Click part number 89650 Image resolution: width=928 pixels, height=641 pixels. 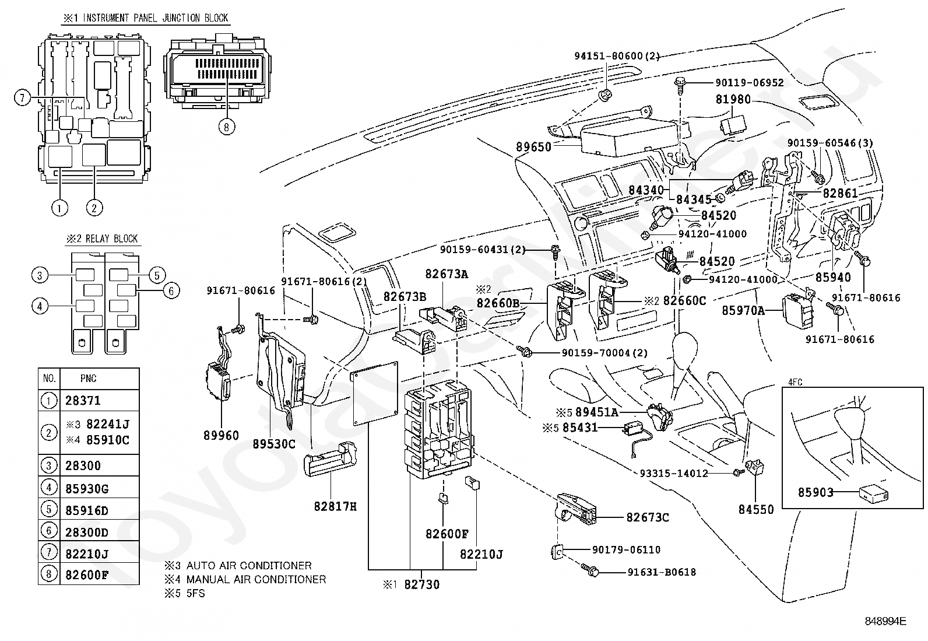point(533,147)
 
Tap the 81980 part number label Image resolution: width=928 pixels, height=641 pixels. point(733,100)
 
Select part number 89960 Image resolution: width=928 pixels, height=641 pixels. point(221,435)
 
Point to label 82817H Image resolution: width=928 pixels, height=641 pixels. point(335,506)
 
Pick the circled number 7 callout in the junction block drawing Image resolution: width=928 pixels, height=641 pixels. point(22,97)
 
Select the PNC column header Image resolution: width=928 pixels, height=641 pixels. point(88,379)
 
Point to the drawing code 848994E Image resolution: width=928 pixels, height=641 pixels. point(885,621)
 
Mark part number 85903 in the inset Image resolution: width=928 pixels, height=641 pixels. point(815,493)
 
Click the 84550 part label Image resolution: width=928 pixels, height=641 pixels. point(756,509)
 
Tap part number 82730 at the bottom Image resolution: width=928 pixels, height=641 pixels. point(422,584)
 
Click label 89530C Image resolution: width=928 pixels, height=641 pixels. point(274,444)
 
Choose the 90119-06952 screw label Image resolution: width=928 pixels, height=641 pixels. point(748,83)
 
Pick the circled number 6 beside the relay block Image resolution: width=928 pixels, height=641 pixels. point(171,290)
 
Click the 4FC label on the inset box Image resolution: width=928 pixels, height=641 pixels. point(795,382)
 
